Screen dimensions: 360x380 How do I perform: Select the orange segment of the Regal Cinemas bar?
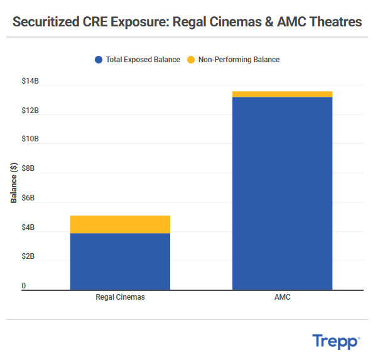(x=120, y=224)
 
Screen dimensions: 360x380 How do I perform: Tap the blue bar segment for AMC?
(x=282, y=193)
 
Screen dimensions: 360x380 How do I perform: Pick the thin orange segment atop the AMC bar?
(x=282, y=94)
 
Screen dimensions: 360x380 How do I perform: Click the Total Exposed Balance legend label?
(x=143, y=60)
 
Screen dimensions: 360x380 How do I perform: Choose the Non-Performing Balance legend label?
(x=239, y=60)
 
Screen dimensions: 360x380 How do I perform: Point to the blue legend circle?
(x=99, y=60)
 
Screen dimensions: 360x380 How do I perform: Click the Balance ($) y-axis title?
(x=14, y=183)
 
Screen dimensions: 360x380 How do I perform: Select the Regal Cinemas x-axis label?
(x=120, y=297)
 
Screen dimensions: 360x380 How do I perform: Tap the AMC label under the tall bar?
(x=282, y=297)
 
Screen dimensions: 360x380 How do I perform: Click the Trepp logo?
(x=336, y=341)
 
